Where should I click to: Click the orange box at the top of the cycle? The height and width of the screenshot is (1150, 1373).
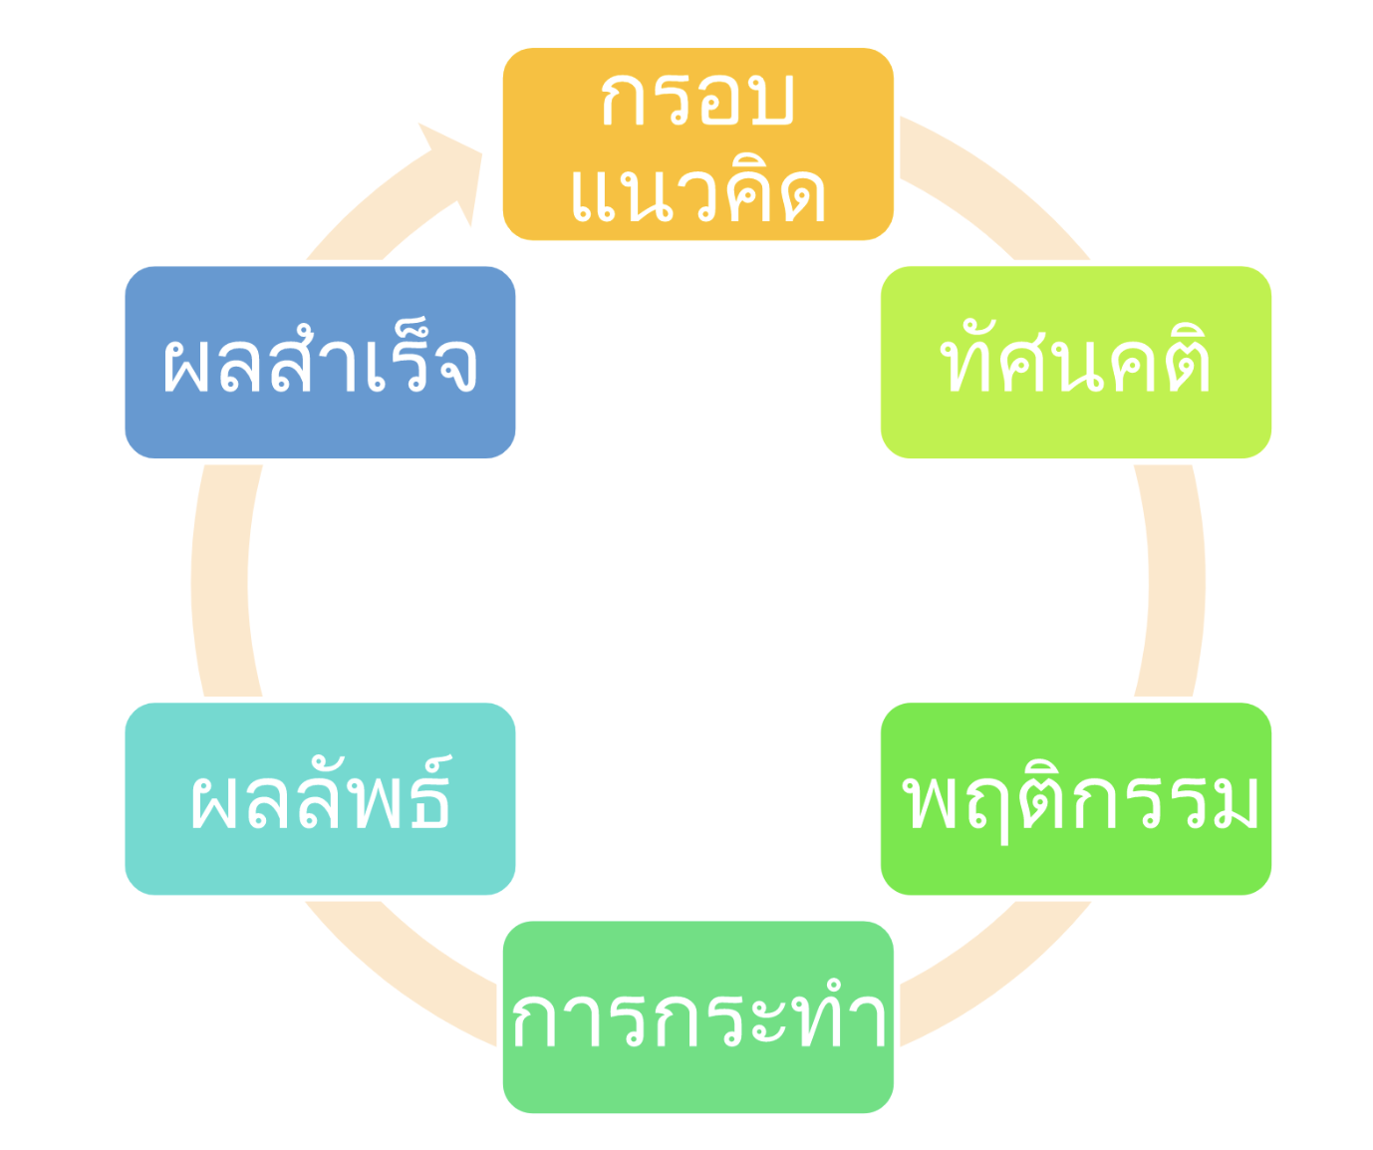point(697,144)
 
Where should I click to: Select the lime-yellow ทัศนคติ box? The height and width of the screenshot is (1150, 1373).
point(1076,363)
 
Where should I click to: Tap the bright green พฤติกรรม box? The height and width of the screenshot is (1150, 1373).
point(1076,798)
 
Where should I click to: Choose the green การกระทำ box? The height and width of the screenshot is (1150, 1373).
point(697,1017)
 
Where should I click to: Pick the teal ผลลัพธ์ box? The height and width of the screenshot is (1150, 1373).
point(320,798)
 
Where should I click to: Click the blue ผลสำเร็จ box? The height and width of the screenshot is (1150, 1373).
point(320,363)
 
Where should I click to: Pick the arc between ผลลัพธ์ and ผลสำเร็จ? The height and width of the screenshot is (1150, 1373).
point(219,581)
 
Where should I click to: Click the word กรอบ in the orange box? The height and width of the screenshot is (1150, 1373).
point(697,99)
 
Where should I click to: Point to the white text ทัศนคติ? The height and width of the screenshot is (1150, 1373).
point(1076,358)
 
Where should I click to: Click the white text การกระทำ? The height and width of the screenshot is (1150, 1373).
point(698,1017)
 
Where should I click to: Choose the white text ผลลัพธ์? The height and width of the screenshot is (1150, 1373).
point(321,793)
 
